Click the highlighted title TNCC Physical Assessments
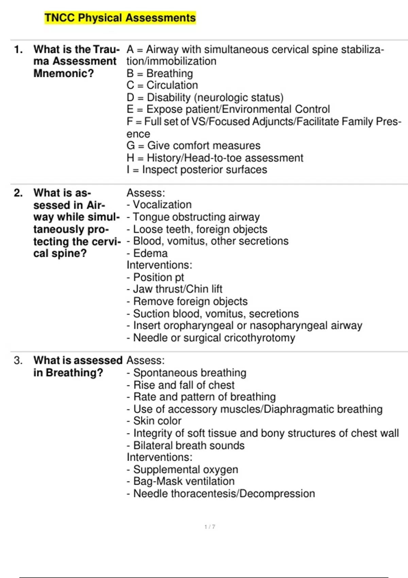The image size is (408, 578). pyautogui.click(x=120, y=18)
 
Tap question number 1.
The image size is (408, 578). pyautogui.click(x=18, y=50)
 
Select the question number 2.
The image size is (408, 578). pyautogui.click(x=18, y=193)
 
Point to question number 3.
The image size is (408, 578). pyautogui.click(x=18, y=360)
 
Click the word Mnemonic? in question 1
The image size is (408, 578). pyautogui.click(x=64, y=73)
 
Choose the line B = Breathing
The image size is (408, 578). pyautogui.click(x=160, y=73)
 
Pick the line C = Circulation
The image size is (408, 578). pyautogui.click(x=162, y=85)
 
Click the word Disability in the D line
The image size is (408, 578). pyautogui.click(x=169, y=98)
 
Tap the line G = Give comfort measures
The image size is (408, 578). pyautogui.click(x=193, y=146)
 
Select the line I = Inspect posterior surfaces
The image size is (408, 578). pyautogui.click(x=197, y=170)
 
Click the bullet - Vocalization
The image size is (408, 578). pyautogui.click(x=159, y=205)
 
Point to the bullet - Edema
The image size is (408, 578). pyautogui.click(x=147, y=253)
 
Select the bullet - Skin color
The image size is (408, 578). pyautogui.click(x=154, y=421)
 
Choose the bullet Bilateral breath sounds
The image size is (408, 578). pyautogui.click(x=186, y=445)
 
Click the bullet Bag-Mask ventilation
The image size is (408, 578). pyautogui.click(x=181, y=481)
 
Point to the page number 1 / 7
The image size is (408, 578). pyautogui.click(x=210, y=527)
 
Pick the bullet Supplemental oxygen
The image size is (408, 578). pyautogui.click(x=182, y=470)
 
